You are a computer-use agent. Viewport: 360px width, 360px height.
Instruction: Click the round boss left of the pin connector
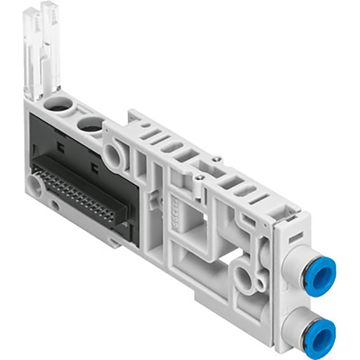pos(34,184)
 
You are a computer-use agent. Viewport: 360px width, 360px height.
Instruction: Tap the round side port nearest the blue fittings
pos(245,271)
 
